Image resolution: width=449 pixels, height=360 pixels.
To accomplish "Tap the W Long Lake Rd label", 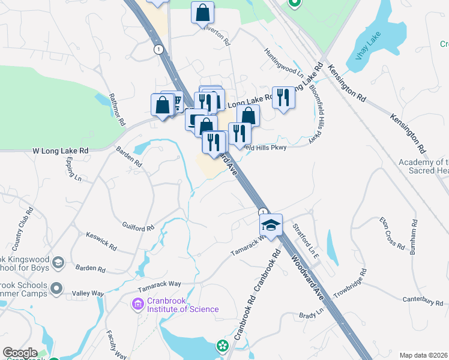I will (x=60, y=151).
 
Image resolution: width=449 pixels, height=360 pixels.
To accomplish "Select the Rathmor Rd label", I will (x=117, y=109).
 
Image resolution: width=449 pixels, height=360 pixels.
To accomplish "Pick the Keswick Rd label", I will (x=101, y=241).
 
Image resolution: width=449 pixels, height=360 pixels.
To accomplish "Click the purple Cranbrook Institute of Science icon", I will (x=137, y=305).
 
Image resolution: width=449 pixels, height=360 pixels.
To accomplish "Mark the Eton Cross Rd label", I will (x=393, y=233).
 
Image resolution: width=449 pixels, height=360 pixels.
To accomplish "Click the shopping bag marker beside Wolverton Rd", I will (x=203, y=12).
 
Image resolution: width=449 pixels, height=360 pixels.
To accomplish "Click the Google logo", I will (x=20, y=353).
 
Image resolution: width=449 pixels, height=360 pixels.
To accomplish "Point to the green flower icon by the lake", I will (x=223, y=346).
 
